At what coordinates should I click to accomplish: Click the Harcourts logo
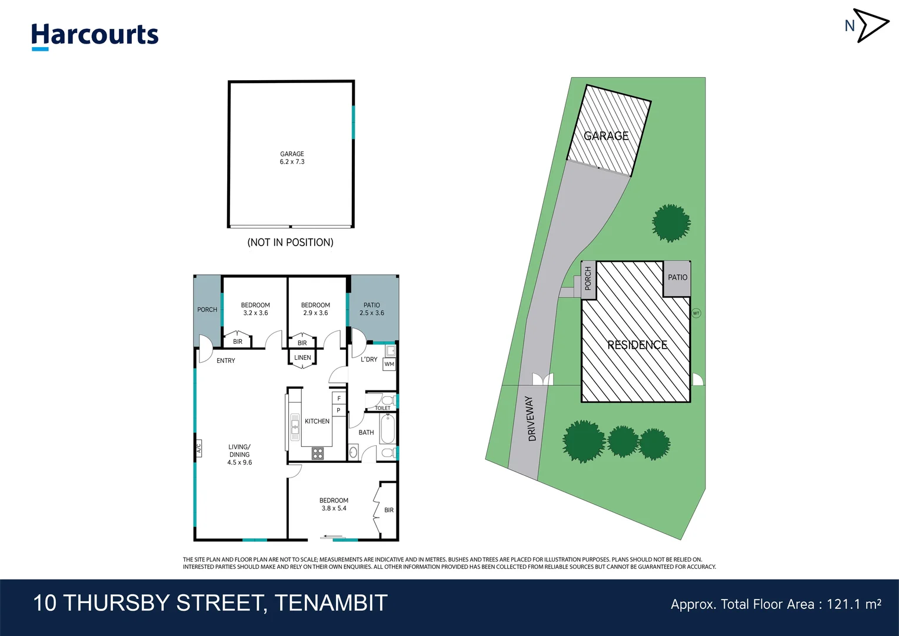point(95,35)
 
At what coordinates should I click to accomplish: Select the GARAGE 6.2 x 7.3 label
point(292,158)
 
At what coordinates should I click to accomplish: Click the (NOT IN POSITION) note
point(290,243)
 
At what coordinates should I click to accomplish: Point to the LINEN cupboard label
point(302,357)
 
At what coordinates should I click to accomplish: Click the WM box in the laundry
point(389,365)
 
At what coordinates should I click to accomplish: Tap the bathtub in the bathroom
point(387,429)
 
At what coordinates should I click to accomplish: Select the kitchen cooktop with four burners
point(318,453)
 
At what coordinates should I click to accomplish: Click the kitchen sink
point(295,427)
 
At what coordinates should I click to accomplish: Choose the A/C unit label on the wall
point(198,448)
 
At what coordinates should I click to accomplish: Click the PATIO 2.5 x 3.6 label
point(372,309)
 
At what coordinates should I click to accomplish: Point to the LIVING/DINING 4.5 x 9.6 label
point(239,455)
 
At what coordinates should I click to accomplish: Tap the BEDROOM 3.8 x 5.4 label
point(334,504)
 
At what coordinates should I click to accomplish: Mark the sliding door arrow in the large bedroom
point(333,536)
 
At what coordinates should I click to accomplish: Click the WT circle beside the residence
point(696,313)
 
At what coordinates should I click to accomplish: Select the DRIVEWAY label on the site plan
point(531,419)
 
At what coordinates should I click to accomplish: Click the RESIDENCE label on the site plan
point(637,345)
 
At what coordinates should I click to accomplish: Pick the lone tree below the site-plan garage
point(671,223)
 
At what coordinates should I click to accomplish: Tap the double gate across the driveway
point(542,379)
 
